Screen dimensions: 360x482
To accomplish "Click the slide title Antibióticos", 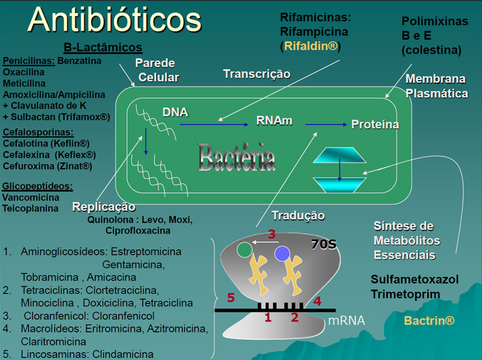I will (x=114, y=19).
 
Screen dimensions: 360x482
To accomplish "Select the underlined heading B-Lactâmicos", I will (x=102, y=48).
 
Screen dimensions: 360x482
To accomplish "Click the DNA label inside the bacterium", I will (x=175, y=112).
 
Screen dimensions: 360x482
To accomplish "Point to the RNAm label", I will (x=274, y=120).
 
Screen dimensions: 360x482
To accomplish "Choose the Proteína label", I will (x=375, y=125).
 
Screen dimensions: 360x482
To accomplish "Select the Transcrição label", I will (x=257, y=73).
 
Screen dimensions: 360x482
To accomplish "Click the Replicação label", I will (x=104, y=207).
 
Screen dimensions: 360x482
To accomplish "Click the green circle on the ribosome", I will (x=245, y=249).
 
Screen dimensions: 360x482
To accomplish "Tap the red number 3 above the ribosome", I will (x=272, y=234).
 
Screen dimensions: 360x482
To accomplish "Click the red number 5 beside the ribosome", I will (x=230, y=297).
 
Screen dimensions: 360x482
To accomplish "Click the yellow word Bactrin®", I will (x=429, y=321).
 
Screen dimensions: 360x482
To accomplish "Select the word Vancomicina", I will (x=31, y=197).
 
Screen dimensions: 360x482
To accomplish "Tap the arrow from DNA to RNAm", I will (x=214, y=125).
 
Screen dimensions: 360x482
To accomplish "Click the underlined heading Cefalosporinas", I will (x=38, y=132).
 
